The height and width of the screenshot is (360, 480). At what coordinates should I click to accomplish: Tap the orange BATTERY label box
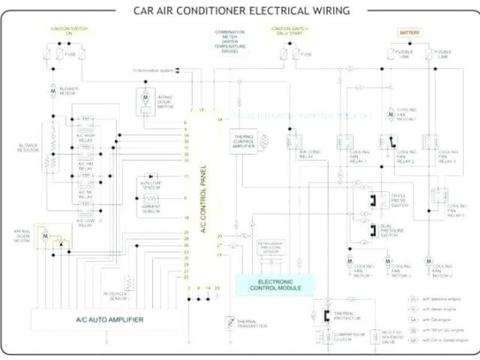pos(409,34)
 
